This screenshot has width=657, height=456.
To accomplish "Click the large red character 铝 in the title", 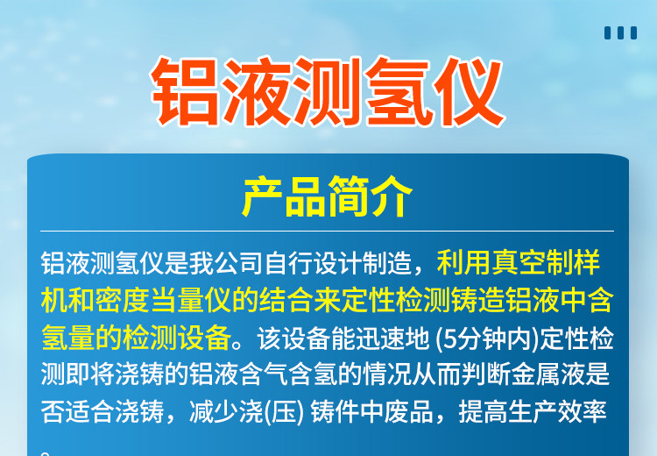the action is [186, 92].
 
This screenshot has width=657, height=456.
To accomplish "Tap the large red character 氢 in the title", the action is [397, 92].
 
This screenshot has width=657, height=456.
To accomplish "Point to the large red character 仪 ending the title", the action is [469, 92].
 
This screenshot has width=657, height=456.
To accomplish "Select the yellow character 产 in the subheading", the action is [263, 196].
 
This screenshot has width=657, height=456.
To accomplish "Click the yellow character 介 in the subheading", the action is [392, 196].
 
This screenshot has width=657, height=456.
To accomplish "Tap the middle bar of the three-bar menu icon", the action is [620, 32].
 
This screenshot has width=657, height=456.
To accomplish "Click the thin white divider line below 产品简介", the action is [327, 231].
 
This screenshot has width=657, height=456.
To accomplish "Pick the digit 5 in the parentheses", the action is [449, 339].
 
